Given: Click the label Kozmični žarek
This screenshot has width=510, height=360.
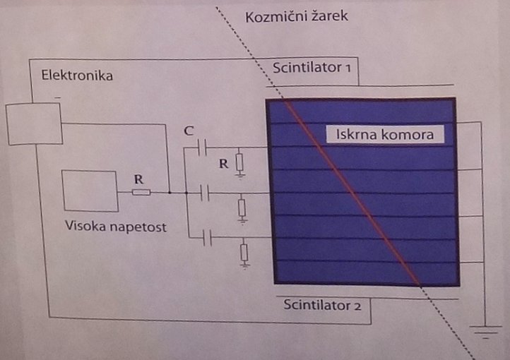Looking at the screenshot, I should [296, 16].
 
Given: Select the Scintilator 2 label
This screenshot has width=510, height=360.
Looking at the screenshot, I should [322, 306].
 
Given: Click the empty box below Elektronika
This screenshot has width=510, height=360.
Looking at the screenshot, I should [33, 123].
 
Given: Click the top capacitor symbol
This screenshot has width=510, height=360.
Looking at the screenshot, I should [203, 148].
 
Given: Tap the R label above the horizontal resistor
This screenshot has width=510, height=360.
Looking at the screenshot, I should [138, 178].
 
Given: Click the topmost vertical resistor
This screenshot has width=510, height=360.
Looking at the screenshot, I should [241, 163].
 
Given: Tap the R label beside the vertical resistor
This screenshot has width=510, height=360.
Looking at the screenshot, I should [223, 163].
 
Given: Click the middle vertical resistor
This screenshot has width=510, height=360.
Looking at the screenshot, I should [242, 208].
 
